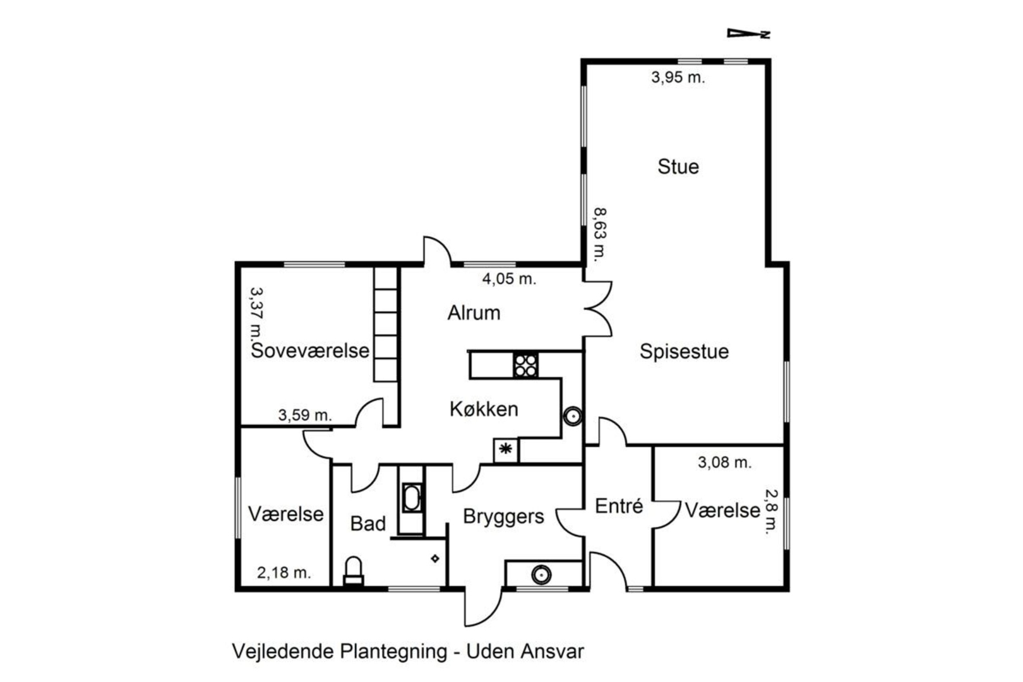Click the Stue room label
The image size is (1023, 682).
[x=678, y=167]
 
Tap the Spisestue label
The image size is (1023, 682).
[x=684, y=352]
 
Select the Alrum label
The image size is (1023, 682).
[x=474, y=313]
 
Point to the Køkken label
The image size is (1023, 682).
[x=484, y=409]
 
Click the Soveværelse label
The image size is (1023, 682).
[x=309, y=351]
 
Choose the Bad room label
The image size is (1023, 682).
[x=368, y=524]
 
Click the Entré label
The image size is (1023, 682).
[x=619, y=506]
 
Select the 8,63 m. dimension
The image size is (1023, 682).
[x=601, y=234]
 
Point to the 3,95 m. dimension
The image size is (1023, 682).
[x=678, y=78]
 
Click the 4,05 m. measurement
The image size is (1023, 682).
[x=509, y=278]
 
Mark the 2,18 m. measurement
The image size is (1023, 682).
[x=284, y=572]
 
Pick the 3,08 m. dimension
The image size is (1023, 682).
[x=724, y=463]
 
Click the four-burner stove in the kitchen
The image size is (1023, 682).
[x=525, y=366]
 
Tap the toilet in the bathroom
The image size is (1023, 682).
[x=353, y=570]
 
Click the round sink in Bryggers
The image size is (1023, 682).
[x=541, y=574]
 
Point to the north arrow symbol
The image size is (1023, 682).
[x=748, y=33]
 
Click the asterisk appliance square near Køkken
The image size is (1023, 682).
[x=506, y=450]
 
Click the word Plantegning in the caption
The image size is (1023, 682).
[x=393, y=652]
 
